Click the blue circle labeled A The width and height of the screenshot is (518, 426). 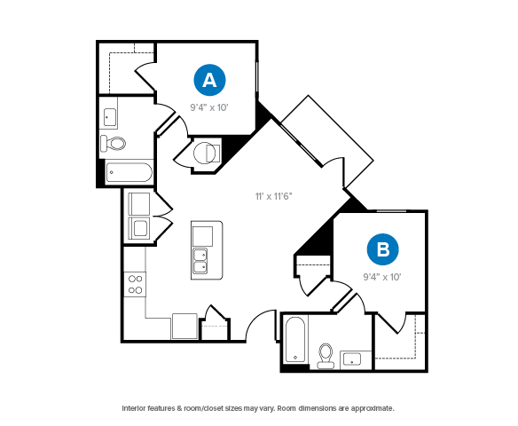tap(209, 80)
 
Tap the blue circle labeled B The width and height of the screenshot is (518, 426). tap(382, 249)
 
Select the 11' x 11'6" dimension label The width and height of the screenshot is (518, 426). tap(273, 196)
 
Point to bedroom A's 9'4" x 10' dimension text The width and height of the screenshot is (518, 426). tap(209, 107)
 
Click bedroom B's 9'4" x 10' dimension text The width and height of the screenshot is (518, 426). tap(382, 277)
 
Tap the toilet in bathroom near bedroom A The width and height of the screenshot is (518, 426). tap(114, 143)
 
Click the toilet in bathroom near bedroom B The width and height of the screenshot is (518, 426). tap(326, 356)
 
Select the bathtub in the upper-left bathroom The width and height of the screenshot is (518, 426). tap(129, 172)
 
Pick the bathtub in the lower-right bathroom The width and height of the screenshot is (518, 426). tap(295, 340)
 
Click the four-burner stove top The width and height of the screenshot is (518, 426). tap(135, 285)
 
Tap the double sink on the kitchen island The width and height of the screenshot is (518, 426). tap(200, 261)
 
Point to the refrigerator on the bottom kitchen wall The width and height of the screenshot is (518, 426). tap(184, 327)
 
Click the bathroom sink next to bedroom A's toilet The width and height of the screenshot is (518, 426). tap(110, 117)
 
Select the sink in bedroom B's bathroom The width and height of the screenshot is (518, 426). tap(352, 359)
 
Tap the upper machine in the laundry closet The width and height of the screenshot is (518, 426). tap(139, 204)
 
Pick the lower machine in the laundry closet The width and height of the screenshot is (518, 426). tap(139, 228)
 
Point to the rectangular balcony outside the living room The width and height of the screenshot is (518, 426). tap(327, 141)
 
